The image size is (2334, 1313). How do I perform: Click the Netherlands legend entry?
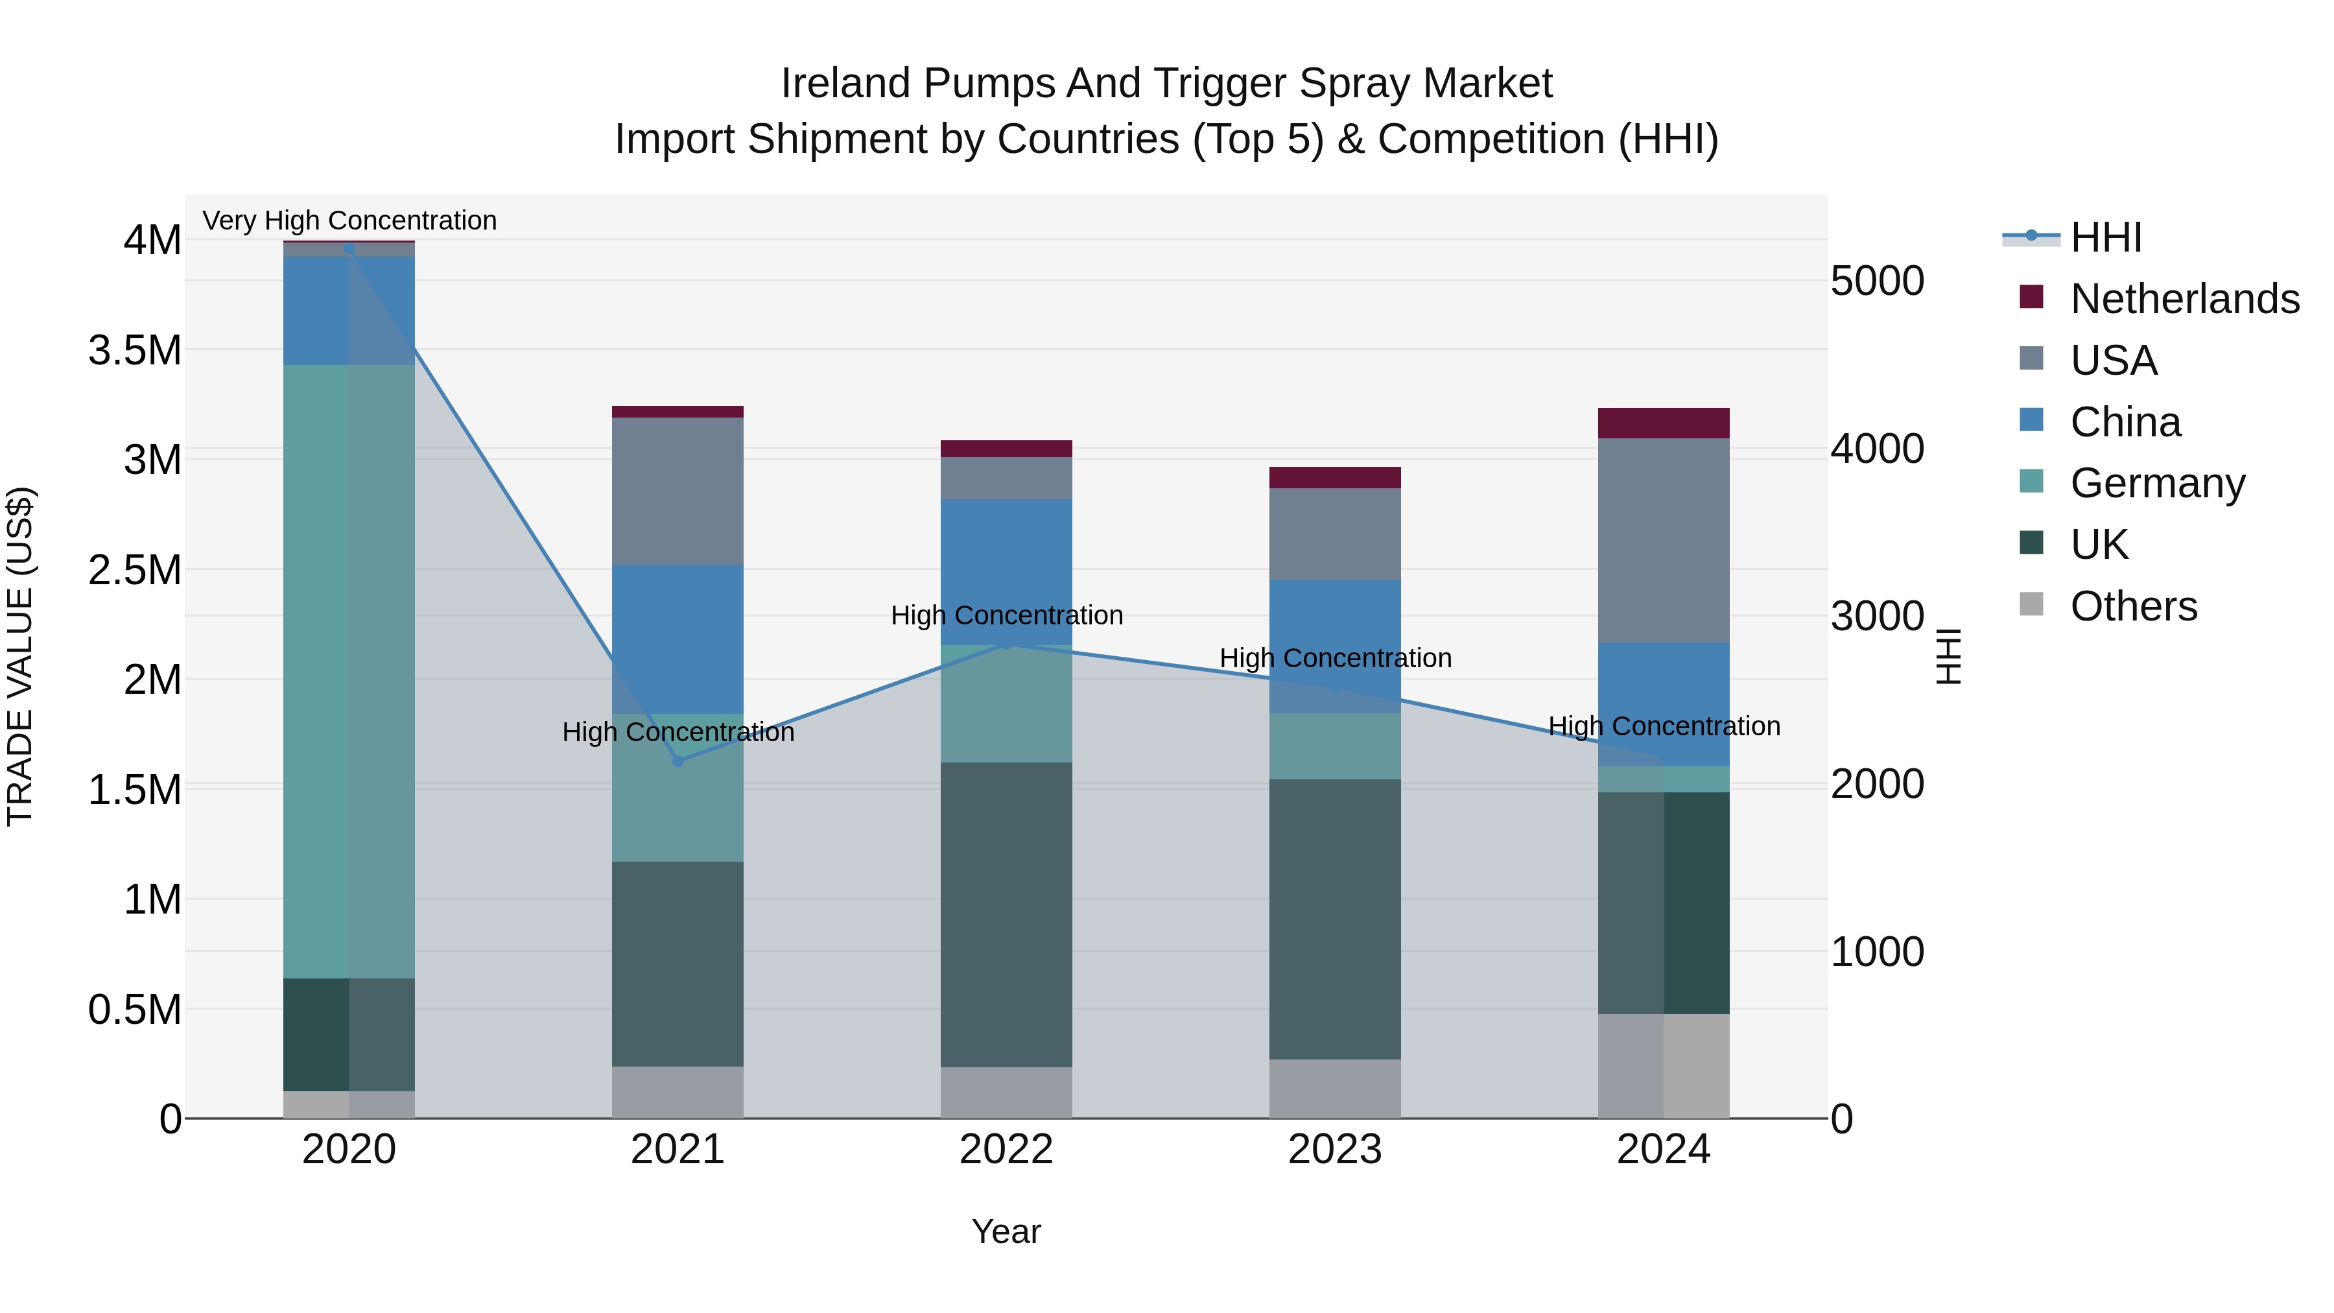click(2184, 299)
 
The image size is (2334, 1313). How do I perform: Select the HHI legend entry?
click(2104, 237)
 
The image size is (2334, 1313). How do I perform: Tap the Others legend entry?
click(2133, 606)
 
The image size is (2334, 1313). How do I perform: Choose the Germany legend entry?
click(2156, 483)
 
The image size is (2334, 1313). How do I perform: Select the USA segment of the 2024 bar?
click(1664, 540)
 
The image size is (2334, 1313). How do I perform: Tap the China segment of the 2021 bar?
click(678, 639)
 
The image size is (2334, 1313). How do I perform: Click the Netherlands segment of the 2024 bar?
click(1664, 423)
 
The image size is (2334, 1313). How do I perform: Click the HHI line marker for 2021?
click(678, 761)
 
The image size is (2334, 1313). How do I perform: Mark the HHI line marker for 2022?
click(1006, 643)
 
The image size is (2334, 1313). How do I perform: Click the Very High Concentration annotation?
click(349, 220)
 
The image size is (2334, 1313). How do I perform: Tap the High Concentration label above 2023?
click(1335, 658)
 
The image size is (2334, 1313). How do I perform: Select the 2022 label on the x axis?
click(1006, 1150)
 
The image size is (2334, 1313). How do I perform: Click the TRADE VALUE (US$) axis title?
click(20, 656)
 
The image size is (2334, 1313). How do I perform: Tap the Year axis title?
click(1006, 1231)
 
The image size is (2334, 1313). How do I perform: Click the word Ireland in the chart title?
click(845, 84)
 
